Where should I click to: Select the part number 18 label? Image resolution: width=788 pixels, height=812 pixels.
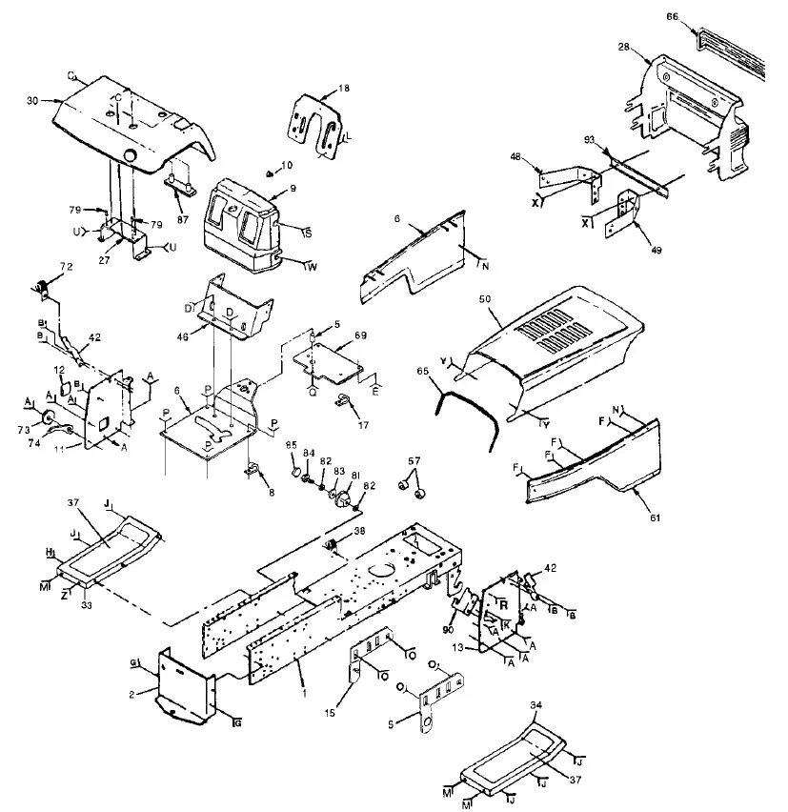point(344,87)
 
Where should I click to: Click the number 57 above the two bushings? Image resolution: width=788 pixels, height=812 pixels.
point(413,460)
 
